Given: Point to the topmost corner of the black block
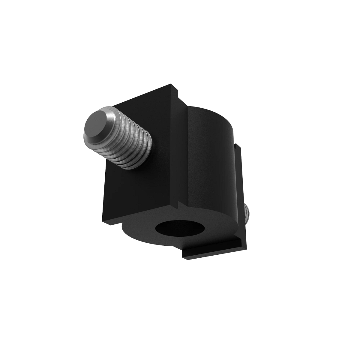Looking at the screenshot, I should pos(171,84).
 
